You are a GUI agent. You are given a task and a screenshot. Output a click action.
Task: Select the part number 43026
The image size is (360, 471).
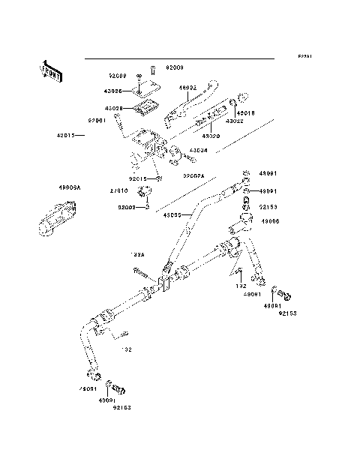(x=113, y=91)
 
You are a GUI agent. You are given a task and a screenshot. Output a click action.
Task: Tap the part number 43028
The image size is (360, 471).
(x=113, y=108)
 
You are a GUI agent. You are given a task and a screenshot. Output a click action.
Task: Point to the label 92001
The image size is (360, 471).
(x=98, y=120)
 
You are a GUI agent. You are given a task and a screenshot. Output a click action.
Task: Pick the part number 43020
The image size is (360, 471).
(x=209, y=136)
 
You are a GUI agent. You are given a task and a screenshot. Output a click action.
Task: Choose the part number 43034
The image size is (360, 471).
(x=198, y=151)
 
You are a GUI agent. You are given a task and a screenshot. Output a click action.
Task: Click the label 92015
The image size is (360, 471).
(x=137, y=178)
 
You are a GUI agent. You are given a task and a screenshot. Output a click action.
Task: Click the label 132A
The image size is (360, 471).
(x=138, y=256)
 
